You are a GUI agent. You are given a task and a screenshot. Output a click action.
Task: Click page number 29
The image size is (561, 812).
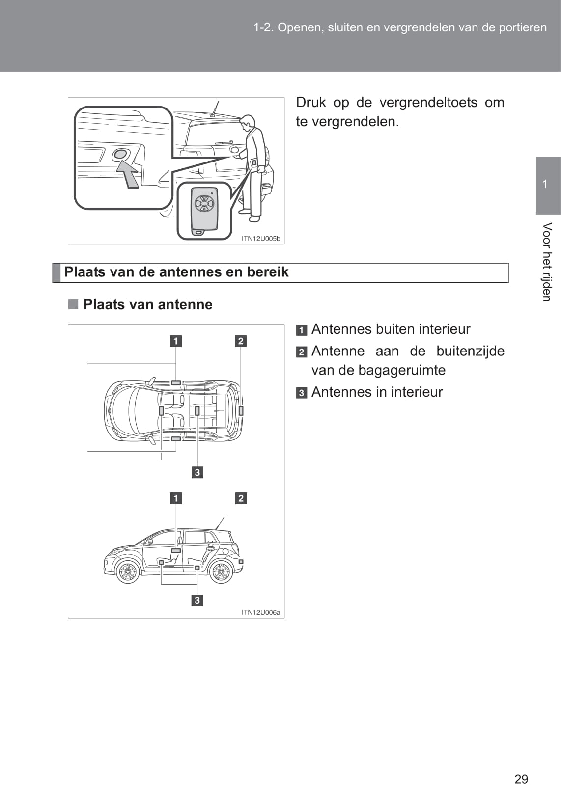521,779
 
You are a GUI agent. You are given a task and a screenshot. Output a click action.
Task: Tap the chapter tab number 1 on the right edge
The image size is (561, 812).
545,184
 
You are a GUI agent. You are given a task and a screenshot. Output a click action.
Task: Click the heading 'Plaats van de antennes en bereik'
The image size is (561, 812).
176,272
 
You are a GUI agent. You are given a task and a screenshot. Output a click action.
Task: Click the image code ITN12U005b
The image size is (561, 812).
261,239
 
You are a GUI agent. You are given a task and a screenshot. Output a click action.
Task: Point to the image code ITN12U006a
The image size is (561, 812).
261,612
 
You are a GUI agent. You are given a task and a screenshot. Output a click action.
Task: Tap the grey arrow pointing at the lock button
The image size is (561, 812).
128,174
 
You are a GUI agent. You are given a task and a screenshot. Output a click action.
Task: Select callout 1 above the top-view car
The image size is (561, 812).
176,341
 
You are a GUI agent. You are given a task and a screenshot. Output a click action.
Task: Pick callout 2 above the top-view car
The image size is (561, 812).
241,341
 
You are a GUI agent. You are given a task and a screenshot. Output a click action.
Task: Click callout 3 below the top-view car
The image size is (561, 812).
197,472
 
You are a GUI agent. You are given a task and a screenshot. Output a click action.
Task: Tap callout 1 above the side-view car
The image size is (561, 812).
176,498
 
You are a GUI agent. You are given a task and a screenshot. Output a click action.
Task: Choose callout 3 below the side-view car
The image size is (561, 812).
197,600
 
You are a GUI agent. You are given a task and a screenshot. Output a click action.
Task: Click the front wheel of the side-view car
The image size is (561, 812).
128,571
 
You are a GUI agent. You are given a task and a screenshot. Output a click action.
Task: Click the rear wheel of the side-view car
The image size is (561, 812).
221,571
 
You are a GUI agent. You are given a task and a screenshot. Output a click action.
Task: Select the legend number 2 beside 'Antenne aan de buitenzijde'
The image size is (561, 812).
302,352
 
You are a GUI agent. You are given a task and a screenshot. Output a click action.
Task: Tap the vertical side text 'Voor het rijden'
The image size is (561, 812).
547,262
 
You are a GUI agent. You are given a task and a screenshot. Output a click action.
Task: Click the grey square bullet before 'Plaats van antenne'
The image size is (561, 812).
73,304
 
